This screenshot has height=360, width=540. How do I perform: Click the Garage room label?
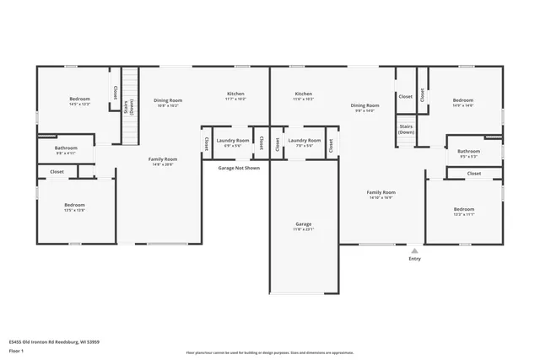tap(303, 224)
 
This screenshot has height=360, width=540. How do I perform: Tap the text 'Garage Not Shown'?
tap(239, 168)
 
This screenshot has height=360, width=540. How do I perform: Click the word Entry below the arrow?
tap(414, 259)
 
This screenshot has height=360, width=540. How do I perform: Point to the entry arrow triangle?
tap(414, 250)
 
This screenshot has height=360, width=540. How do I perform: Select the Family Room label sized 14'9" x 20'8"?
tap(163, 159)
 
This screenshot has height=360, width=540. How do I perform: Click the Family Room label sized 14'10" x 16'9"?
tap(381, 192)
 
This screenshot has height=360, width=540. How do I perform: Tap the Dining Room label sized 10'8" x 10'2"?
tap(168, 100)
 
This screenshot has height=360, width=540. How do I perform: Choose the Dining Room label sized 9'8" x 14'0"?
tap(365, 105)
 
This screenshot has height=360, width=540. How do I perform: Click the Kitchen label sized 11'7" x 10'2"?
tap(235, 94)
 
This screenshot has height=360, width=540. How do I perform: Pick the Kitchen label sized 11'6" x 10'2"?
tap(304, 94)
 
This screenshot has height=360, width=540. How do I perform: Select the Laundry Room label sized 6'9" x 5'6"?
tap(232, 140)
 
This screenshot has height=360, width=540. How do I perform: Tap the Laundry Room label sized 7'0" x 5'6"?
tap(304, 140)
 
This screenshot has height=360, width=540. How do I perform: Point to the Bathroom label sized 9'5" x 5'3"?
tap(468, 152)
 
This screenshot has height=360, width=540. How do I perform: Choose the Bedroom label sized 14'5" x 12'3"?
tap(79, 99)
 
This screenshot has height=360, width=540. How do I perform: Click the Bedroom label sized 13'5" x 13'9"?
tap(75, 205)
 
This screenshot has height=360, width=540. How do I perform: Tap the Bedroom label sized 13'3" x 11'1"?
tap(464, 209)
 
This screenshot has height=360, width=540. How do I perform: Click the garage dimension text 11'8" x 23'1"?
tap(303, 229)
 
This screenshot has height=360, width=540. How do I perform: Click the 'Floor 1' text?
tap(16, 350)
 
